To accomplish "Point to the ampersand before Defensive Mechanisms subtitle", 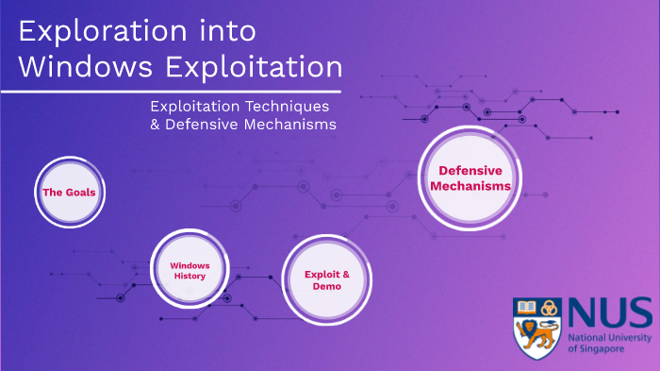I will point(156,125).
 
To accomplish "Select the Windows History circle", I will point(190,271).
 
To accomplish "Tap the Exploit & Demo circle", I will point(326,279).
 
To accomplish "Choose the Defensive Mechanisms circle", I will point(470,177).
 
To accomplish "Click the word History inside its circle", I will point(190,277).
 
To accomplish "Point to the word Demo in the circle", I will point(326,286).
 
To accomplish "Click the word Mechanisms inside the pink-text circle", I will point(470,186).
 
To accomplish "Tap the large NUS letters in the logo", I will point(609,311).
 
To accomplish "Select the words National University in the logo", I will point(608,337).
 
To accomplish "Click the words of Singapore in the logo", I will point(597,349).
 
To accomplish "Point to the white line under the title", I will point(179,92).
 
